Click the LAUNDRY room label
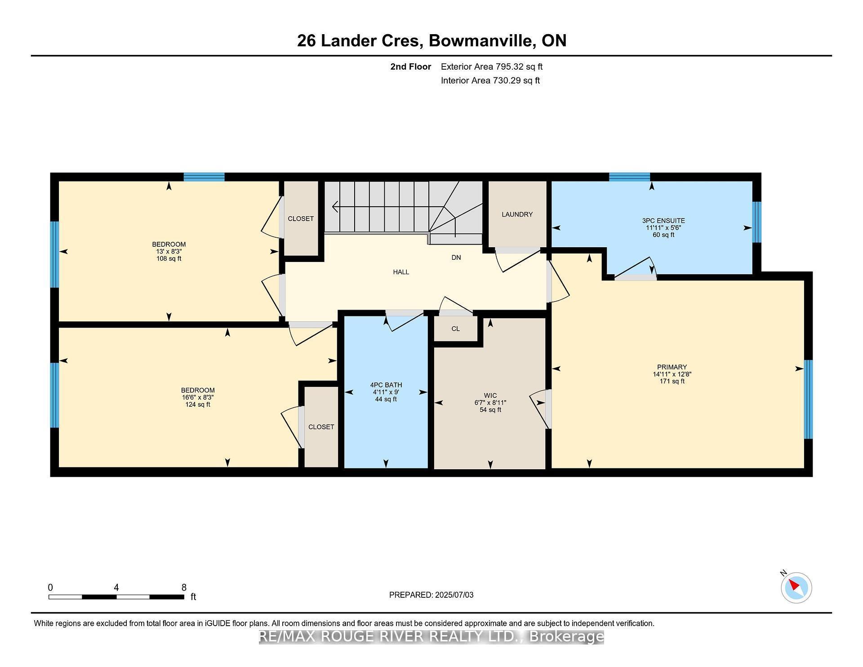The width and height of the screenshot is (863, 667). pyautogui.click(x=517, y=214)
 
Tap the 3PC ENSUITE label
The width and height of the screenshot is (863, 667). pyautogui.click(x=663, y=221)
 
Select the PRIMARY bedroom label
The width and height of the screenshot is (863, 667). pyautogui.click(x=672, y=367)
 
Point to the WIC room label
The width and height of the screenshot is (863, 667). pyautogui.click(x=490, y=396)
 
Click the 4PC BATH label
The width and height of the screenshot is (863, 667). pyautogui.click(x=386, y=385)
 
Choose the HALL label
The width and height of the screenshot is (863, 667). pyautogui.click(x=401, y=272)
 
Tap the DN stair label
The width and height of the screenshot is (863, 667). pyautogui.click(x=456, y=258)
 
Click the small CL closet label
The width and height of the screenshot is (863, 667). pyautogui.click(x=455, y=329)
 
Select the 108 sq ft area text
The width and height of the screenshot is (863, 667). pyautogui.click(x=169, y=258)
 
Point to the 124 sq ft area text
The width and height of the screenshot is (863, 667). pyautogui.click(x=198, y=405)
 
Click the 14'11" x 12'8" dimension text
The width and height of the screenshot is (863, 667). pyautogui.click(x=672, y=374)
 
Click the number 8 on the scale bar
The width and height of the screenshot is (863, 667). pyautogui.click(x=184, y=587)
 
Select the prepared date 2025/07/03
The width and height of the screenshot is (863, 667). pyautogui.click(x=454, y=595)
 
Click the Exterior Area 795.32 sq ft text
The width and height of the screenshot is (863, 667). pyautogui.click(x=492, y=67)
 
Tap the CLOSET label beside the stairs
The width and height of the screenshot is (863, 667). pyautogui.click(x=301, y=218)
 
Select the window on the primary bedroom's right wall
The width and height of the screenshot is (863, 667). pyautogui.click(x=808, y=399)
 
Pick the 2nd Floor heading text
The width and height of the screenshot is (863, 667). pyautogui.click(x=410, y=67)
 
